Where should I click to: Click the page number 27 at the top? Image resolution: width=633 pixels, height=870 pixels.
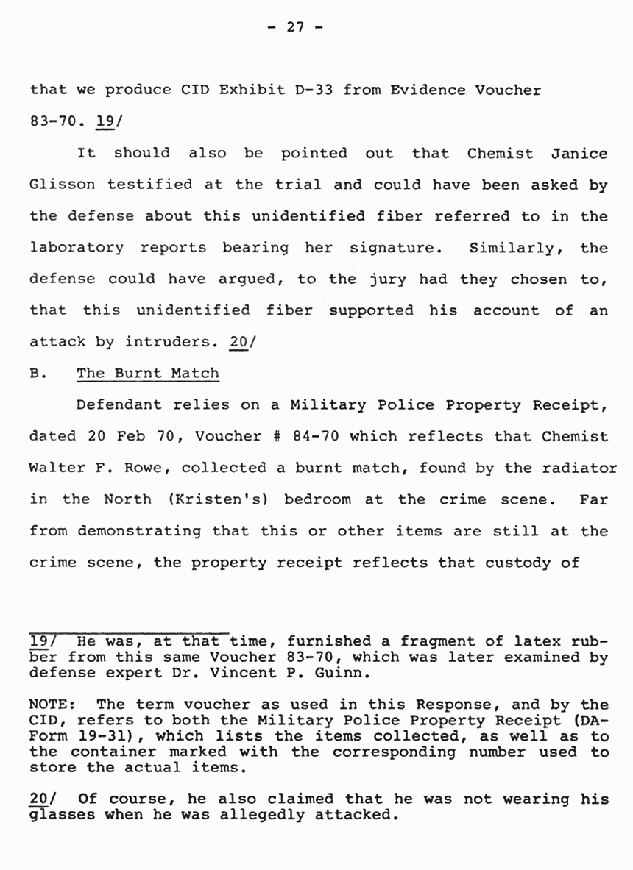294,28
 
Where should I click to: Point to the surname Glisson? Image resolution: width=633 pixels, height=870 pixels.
61,185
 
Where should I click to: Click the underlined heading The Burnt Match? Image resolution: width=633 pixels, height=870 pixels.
147,374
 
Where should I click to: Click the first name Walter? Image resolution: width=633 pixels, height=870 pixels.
57,468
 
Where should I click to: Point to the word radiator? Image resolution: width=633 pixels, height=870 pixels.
581,468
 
